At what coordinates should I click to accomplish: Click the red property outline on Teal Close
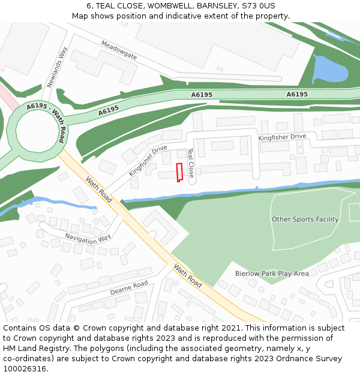tap(179, 172)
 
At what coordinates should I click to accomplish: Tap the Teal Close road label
tap(191, 163)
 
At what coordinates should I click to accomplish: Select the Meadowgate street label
tap(119, 50)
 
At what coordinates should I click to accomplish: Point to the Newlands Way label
tap(58, 68)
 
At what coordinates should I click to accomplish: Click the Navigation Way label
tap(88, 238)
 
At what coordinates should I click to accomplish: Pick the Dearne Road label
tap(129, 288)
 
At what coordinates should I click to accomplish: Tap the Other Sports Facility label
tap(305, 219)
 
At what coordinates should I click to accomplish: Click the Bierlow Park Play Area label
tap(272, 274)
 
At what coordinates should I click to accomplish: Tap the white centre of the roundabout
tap(35, 131)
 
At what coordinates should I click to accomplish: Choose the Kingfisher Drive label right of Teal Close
tap(282, 137)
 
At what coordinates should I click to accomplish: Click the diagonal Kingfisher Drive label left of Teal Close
tap(148, 160)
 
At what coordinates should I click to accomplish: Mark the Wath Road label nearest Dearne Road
tap(188, 275)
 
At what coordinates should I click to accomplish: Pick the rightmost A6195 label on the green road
tap(297, 94)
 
